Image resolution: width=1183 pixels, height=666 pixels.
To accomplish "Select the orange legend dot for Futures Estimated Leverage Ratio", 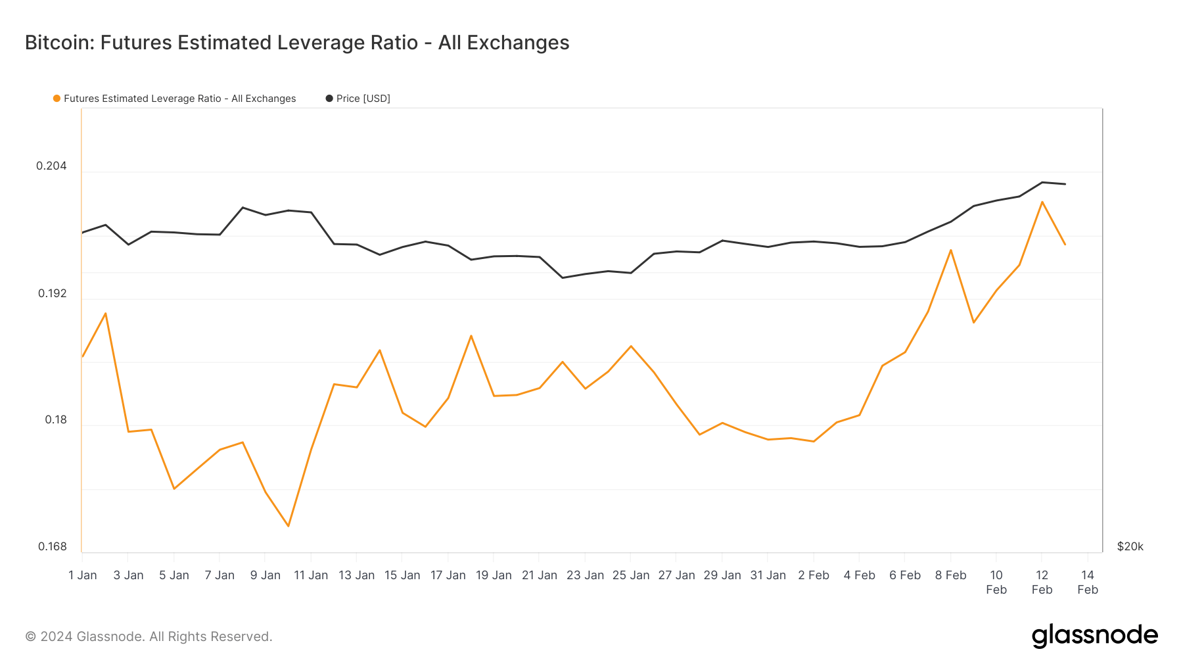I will click(57, 99).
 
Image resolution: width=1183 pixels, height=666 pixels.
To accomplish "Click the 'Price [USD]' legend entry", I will click(363, 99).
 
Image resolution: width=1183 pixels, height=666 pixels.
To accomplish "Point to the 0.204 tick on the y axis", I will click(51, 166).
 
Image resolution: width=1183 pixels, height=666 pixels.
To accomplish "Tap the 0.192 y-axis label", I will click(52, 293).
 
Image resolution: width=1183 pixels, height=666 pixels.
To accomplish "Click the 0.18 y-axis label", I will click(55, 419).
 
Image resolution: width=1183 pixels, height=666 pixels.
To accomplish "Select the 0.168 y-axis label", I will click(52, 546).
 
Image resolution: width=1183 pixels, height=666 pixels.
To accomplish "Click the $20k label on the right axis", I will click(1130, 546).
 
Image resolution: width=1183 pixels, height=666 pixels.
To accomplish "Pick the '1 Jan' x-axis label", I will click(83, 575).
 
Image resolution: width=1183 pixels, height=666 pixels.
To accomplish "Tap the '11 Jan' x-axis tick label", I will click(310, 575).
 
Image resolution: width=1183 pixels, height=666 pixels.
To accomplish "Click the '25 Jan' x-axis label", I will click(630, 575).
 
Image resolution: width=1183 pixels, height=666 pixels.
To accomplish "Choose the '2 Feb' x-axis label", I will click(813, 575).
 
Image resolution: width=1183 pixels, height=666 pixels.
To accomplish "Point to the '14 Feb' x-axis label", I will click(1087, 582).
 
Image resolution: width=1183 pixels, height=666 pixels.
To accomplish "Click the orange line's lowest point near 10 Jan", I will click(288, 526).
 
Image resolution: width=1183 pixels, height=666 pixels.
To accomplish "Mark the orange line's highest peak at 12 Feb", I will click(1042, 202).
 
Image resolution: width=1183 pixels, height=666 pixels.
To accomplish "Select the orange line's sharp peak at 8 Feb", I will click(950, 250).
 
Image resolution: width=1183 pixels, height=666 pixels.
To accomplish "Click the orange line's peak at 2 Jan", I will click(105, 313).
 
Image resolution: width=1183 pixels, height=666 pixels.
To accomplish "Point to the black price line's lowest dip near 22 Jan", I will click(562, 277).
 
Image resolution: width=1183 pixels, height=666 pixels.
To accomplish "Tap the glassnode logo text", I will click(1094, 636).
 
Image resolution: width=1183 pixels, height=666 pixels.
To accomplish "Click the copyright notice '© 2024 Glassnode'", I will click(149, 636).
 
